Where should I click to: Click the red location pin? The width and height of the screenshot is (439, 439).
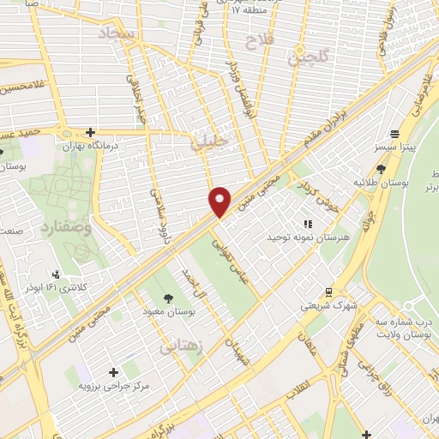point(220,201)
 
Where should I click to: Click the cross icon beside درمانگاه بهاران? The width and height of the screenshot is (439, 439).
point(89,132)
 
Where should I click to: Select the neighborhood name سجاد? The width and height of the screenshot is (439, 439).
point(117,34)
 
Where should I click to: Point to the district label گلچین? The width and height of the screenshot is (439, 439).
point(308,59)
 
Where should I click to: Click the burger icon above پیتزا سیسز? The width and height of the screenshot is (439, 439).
point(394,134)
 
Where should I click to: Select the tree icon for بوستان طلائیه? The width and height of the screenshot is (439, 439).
point(381,170)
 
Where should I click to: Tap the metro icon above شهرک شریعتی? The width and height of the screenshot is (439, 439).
point(327,292)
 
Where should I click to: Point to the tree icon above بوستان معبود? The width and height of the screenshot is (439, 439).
point(167,298)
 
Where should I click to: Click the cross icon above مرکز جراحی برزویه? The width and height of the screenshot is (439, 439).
point(113,371)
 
